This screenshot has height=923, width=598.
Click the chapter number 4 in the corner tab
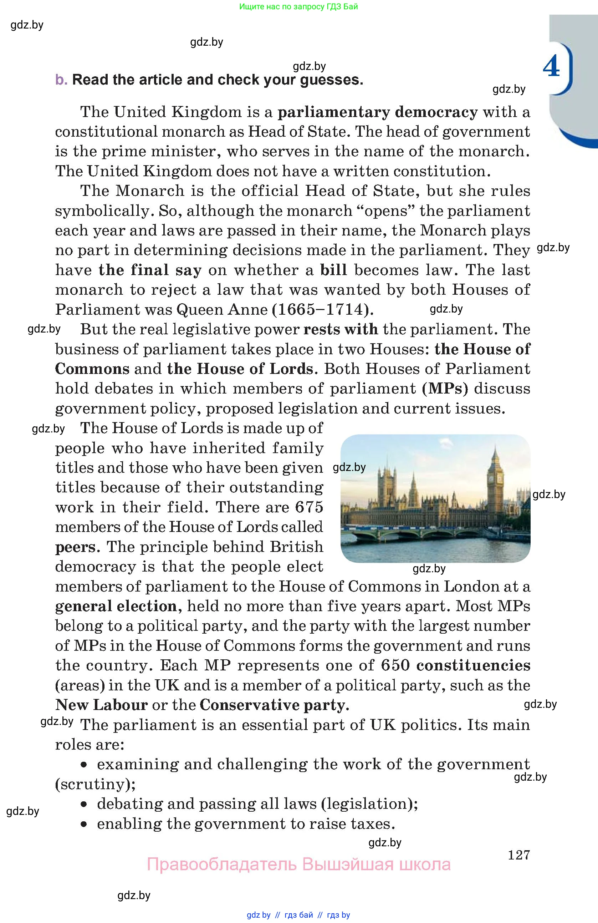[x=551, y=66]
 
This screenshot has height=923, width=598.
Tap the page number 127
[x=518, y=855]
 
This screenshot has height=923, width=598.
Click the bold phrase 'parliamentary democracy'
[x=378, y=112]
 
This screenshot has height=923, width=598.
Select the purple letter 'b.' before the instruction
[x=61, y=80]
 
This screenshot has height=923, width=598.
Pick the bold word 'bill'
[x=333, y=270]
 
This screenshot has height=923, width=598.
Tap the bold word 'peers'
[x=75, y=547]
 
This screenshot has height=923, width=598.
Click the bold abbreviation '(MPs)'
[x=445, y=389]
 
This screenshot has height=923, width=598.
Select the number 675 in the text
[x=309, y=507]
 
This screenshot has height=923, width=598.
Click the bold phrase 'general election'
[x=116, y=606]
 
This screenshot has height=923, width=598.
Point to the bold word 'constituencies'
[x=473, y=665]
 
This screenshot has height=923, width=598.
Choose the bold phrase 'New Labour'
[x=101, y=705]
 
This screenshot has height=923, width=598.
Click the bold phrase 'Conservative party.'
[x=274, y=705]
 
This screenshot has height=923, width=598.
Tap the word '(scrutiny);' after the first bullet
[x=95, y=784]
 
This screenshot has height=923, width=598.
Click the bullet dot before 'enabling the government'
[x=84, y=824]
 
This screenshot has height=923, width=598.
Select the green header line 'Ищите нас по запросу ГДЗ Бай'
[x=298, y=6]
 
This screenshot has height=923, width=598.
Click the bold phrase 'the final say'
[x=150, y=270]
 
